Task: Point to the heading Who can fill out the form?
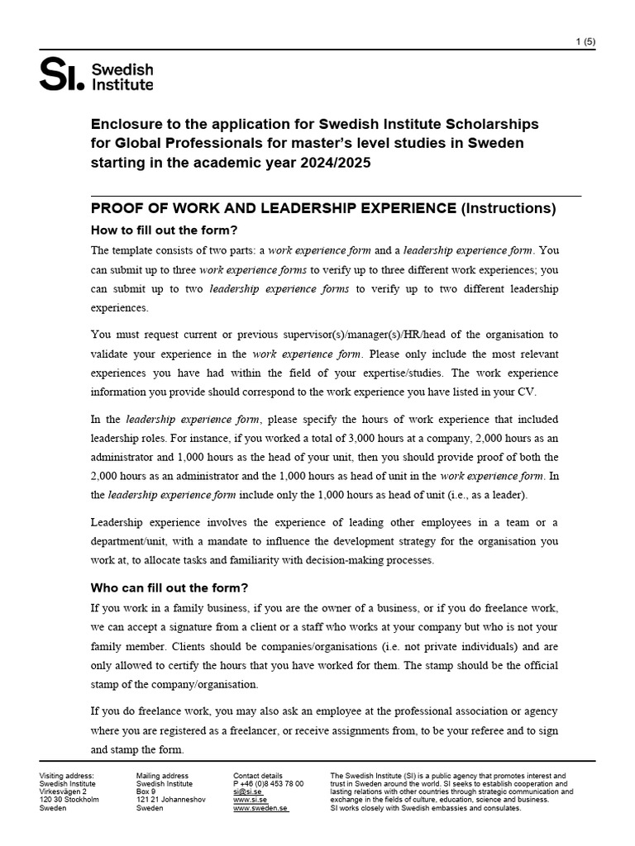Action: (169, 588)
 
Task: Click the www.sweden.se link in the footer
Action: (260, 808)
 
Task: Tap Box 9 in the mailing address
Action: (146, 791)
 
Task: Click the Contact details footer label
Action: (258, 775)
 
